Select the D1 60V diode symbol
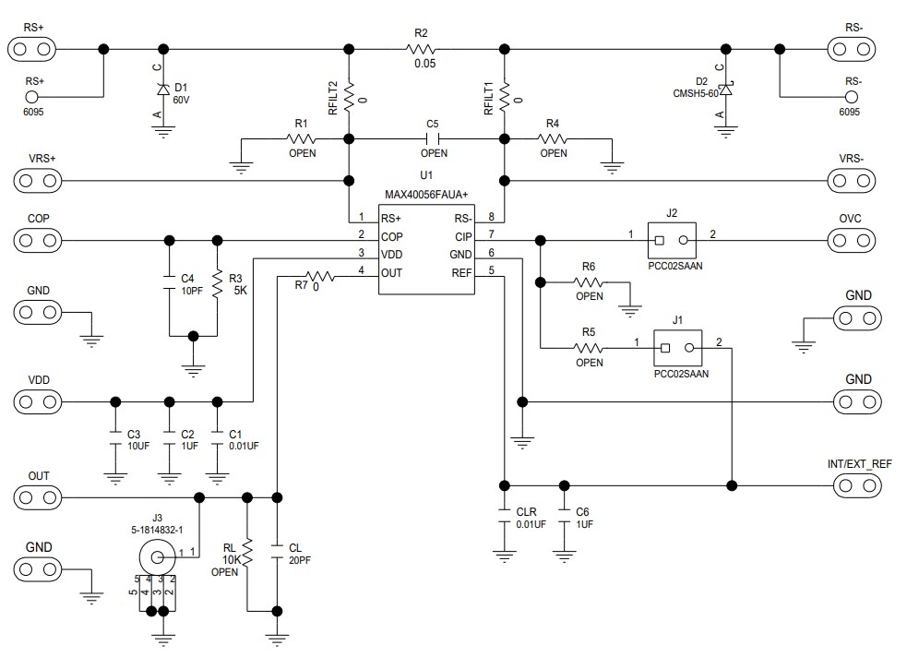pos(163,90)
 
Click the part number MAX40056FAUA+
pos(426,195)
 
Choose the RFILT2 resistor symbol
pos(350,96)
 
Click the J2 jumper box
pos(671,241)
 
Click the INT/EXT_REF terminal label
pos(859,463)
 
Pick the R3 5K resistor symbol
pos(217,284)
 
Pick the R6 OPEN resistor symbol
pos(588,281)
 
